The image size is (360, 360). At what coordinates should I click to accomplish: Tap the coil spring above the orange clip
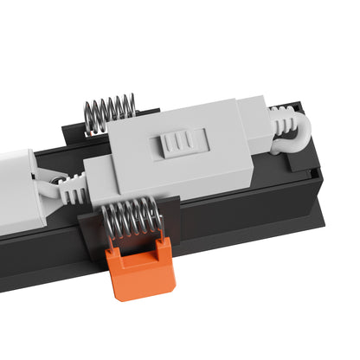[132, 217]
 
